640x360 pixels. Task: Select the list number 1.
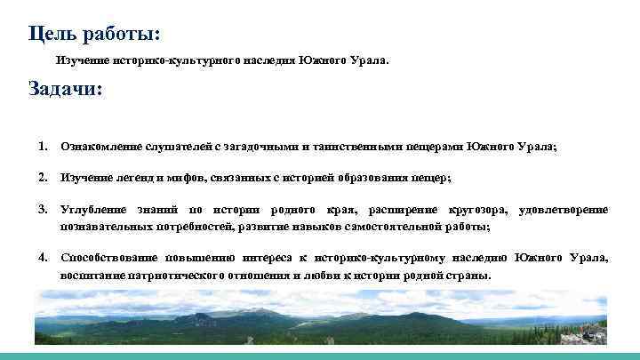coord(43,146)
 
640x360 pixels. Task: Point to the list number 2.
coord(43,178)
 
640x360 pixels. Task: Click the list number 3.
coord(43,210)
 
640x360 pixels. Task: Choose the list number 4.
coord(43,258)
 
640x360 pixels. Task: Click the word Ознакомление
coord(99,146)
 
